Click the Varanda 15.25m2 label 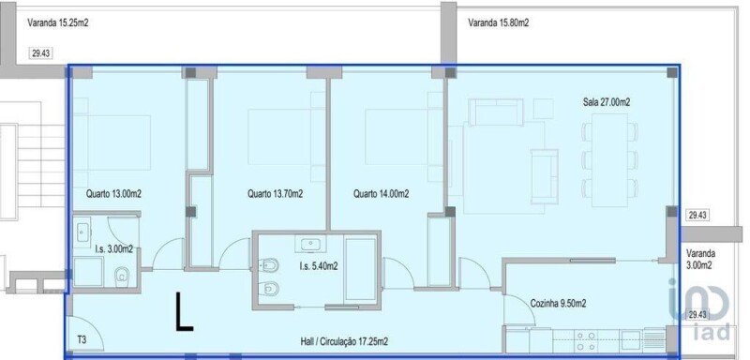pyautogui.click(x=58, y=22)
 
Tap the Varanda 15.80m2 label pyautogui.click(x=499, y=22)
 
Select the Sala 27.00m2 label pyautogui.click(x=606, y=102)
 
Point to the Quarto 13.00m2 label pyautogui.click(x=113, y=194)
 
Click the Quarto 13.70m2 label pyautogui.click(x=276, y=194)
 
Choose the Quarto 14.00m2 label pyautogui.click(x=382, y=194)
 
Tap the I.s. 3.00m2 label pyautogui.click(x=113, y=248)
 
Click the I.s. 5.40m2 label pyautogui.click(x=319, y=266)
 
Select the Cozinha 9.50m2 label pyautogui.click(x=558, y=304)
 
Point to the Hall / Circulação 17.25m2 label pyautogui.click(x=344, y=341)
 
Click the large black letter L pyautogui.click(x=185, y=311)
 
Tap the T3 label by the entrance pyautogui.click(x=82, y=340)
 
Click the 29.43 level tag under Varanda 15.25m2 pyautogui.click(x=40, y=53)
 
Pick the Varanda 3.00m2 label pyautogui.click(x=700, y=259)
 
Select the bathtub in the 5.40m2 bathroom pyautogui.click(x=361, y=270)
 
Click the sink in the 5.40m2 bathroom pyautogui.click(x=311, y=245)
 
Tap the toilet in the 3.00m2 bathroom pyautogui.click(x=123, y=275)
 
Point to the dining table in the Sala pyautogui.click(x=610, y=160)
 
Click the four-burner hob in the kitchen pyautogui.click(x=586, y=341)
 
